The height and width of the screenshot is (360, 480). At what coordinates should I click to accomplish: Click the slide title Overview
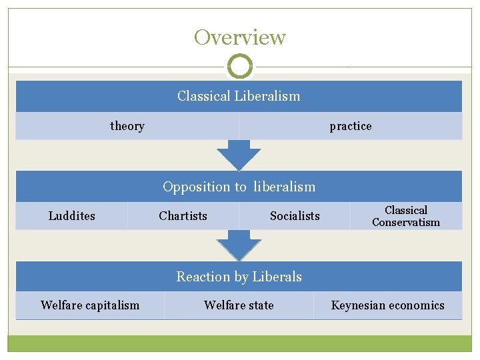tap(239, 37)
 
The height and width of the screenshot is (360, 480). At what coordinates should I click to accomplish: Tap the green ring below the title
tap(240, 67)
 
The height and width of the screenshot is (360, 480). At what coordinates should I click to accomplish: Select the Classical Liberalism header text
tap(239, 96)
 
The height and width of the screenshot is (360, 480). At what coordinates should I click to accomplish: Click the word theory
tap(127, 126)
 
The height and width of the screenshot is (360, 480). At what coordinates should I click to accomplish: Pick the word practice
tap(351, 126)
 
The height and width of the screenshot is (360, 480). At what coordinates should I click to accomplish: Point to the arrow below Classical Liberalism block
tap(239, 155)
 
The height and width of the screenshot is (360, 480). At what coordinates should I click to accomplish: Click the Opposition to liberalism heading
tap(239, 187)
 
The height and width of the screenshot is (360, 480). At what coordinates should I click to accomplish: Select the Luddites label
tap(72, 216)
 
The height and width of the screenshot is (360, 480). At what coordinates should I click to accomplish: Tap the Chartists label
tap(183, 216)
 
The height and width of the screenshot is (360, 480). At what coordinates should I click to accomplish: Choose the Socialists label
tap(295, 216)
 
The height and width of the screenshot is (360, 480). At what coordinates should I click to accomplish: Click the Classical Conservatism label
tap(406, 216)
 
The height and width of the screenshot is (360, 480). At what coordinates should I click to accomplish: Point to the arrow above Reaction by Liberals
tap(239, 245)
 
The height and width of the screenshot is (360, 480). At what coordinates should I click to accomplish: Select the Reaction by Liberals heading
tap(239, 277)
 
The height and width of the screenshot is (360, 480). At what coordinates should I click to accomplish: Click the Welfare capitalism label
tap(90, 305)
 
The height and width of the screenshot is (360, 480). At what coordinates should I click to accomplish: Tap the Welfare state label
tap(239, 305)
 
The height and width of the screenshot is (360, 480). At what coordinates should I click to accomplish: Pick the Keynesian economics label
tap(387, 305)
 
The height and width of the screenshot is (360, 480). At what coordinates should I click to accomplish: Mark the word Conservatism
tap(406, 223)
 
